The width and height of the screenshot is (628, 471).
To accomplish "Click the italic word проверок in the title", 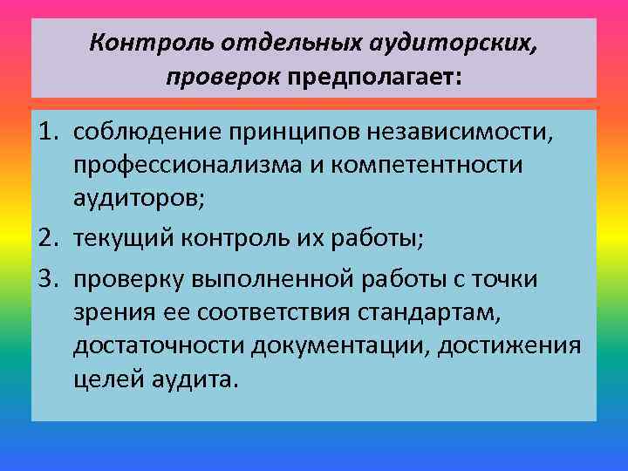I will (223, 77).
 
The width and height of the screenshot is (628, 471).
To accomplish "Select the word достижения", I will (509, 346).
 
